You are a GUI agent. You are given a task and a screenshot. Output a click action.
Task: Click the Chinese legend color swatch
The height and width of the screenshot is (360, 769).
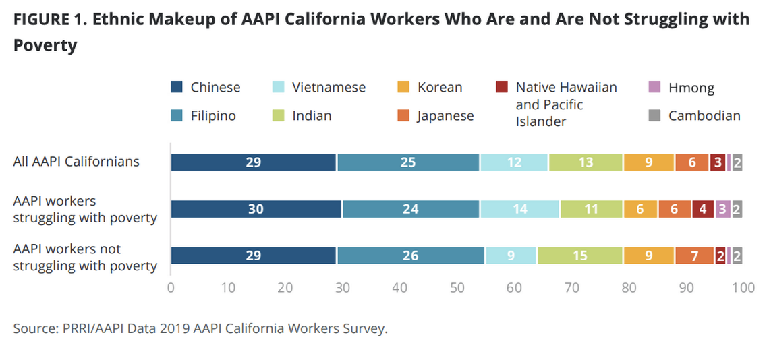(x=177, y=87)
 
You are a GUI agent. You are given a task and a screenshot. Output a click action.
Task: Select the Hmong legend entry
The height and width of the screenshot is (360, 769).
(x=691, y=88)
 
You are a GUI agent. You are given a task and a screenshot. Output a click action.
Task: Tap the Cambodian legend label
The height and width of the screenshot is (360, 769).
(x=704, y=116)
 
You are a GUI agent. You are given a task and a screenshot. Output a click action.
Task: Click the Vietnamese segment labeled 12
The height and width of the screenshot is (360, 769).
(x=514, y=162)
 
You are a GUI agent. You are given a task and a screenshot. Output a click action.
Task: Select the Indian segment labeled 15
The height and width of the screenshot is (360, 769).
(x=580, y=256)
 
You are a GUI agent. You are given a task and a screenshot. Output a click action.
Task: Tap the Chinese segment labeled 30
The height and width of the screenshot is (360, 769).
(x=256, y=209)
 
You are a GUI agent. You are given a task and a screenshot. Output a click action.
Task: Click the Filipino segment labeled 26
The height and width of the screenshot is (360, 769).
(x=410, y=256)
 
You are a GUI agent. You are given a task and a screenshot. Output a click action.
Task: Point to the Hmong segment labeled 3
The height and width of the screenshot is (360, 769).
(x=722, y=209)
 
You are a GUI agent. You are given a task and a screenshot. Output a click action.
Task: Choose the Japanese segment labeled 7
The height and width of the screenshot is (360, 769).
(x=694, y=256)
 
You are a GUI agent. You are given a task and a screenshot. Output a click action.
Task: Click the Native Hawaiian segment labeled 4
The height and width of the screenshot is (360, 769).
(x=703, y=209)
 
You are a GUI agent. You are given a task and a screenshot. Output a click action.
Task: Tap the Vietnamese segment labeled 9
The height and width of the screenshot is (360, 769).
(x=511, y=256)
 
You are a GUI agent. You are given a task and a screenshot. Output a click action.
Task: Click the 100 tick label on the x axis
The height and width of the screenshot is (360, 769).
(x=743, y=288)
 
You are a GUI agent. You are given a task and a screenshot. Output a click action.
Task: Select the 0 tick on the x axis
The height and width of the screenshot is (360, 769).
(x=171, y=288)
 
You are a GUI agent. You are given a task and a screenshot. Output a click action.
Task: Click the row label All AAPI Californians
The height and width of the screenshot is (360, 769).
(x=76, y=162)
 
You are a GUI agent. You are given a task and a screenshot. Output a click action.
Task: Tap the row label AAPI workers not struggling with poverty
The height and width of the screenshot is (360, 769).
(x=85, y=258)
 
